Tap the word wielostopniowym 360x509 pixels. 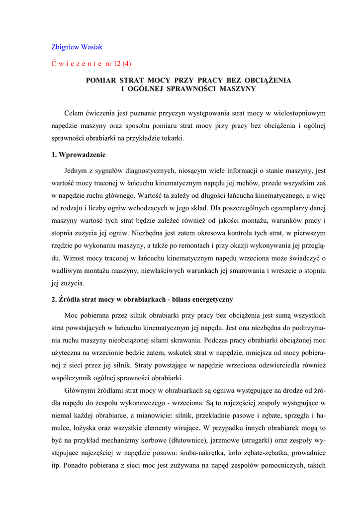pos(298,113)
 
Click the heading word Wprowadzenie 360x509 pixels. pos(82,155)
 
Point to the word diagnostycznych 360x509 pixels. pos(149,170)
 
